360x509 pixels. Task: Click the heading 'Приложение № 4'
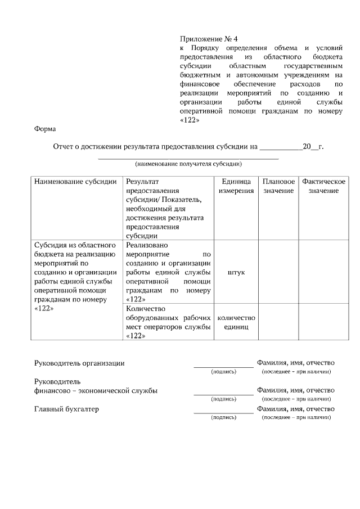[209, 39]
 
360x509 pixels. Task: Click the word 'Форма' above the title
[45, 129]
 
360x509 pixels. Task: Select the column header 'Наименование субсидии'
[75, 182]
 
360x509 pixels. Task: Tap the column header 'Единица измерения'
[236, 186]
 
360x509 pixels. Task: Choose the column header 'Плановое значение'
[278, 186]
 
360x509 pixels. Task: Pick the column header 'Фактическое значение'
[323, 186]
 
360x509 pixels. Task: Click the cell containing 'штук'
[236, 272]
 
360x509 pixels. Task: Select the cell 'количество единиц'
[236, 322]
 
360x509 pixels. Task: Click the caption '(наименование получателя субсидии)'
[188, 164]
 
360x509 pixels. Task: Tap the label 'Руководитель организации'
[79, 363]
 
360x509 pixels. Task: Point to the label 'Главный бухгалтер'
[66, 409]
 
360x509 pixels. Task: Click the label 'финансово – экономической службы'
[96, 390]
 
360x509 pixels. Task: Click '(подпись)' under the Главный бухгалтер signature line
[223, 417]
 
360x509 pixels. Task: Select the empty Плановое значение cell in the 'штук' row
[278, 272]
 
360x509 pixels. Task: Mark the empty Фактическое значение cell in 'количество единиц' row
[323, 322]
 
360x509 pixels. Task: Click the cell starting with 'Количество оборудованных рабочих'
[169, 322]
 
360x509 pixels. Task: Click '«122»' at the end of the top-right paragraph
[190, 120]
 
